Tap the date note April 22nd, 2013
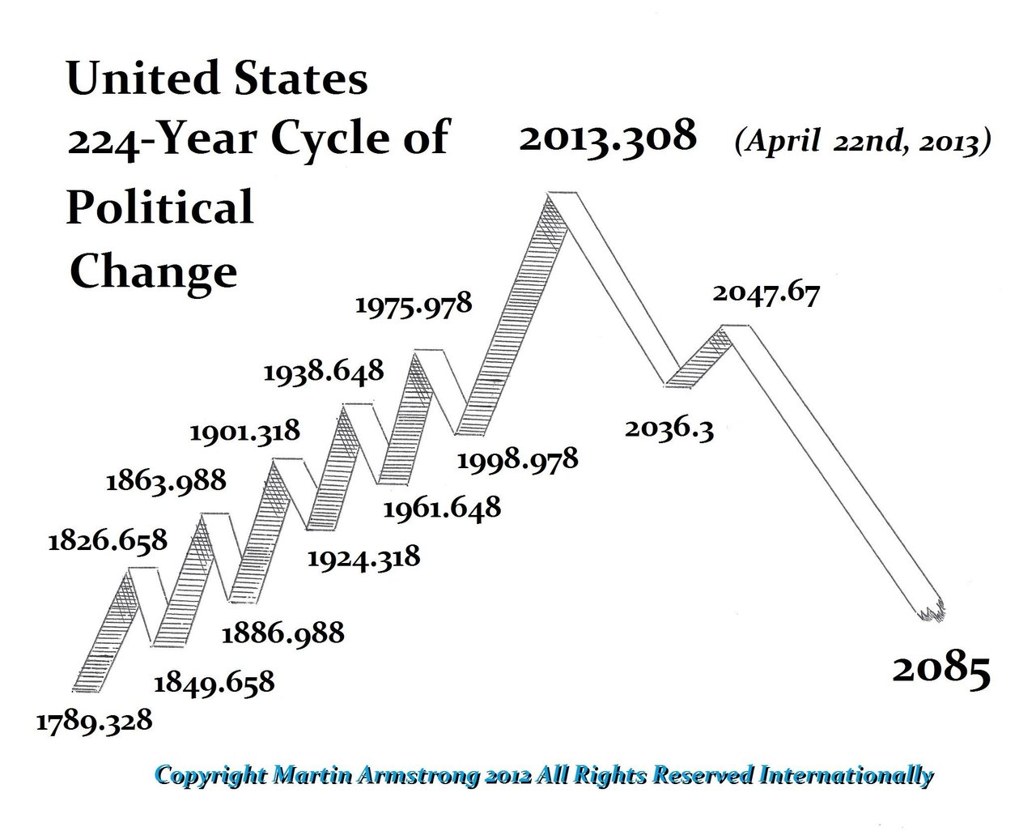click(862, 143)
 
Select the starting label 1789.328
click(94, 720)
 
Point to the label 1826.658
click(107, 539)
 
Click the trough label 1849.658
click(214, 682)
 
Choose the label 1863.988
click(166, 481)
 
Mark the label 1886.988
click(283, 632)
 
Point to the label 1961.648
click(441, 509)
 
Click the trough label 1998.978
click(518, 460)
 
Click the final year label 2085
click(941, 671)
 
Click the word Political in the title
click(159, 207)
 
